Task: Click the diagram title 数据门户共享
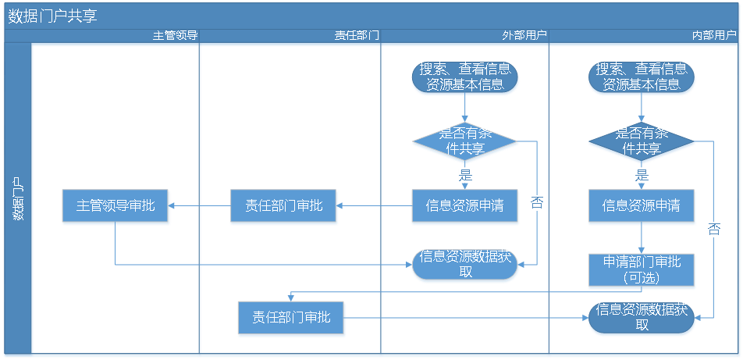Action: pos(52,16)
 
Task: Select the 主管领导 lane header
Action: pos(175,36)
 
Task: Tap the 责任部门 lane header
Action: pos(357,36)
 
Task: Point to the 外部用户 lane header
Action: pos(524,36)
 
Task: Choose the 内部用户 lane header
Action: pos(715,36)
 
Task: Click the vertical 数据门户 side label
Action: pos(18,198)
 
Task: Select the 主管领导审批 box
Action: pos(116,206)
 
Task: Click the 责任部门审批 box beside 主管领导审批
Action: pos(283,206)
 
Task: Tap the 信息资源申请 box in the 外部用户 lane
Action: pos(464,206)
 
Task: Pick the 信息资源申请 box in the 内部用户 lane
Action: pos(641,206)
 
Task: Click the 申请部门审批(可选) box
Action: pos(641,270)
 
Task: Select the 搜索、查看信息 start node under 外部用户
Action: pos(464,77)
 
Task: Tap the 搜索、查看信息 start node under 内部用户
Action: pos(641,77)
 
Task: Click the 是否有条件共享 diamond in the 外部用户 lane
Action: pos(464,141)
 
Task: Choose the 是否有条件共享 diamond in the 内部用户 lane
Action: pos(641,141)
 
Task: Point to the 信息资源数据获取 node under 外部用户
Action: pos(464,264)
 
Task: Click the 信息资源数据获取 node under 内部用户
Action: pos(641,317)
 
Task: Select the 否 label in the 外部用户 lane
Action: pos(537,203)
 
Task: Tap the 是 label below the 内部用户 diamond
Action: pos(642,175)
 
